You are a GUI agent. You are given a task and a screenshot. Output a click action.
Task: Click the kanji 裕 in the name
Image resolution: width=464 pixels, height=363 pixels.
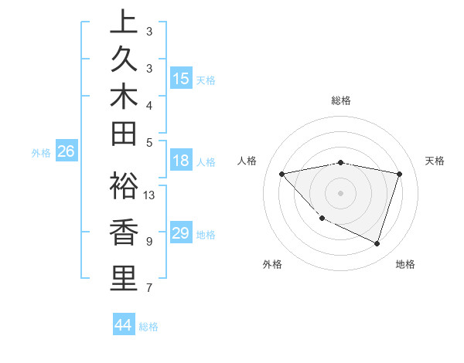123,188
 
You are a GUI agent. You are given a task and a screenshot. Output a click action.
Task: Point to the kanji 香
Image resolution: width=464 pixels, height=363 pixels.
123,233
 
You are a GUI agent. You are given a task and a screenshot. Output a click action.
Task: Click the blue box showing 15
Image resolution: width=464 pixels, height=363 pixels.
181,79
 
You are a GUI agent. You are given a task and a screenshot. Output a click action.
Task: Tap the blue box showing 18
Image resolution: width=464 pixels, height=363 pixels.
181,161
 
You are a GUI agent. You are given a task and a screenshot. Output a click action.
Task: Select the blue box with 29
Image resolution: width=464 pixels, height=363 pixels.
181,234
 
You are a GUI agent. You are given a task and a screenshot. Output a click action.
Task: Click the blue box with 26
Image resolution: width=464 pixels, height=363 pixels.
66,152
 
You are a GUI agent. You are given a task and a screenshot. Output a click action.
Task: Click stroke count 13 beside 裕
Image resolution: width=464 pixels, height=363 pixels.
150,195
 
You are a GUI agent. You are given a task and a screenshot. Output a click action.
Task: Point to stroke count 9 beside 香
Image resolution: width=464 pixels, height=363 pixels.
148,242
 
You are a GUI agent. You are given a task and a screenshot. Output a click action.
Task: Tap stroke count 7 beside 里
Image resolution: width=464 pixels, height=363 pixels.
148,288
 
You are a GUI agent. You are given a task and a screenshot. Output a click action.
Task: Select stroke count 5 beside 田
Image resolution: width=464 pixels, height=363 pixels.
148,141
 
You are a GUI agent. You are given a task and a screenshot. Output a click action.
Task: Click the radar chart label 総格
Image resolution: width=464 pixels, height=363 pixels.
340,100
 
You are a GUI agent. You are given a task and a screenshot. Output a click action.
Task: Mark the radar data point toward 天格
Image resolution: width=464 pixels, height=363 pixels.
399,174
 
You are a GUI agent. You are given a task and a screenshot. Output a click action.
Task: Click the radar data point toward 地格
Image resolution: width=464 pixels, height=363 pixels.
377,243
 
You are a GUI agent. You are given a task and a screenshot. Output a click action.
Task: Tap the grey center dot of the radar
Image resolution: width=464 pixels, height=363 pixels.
340,192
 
